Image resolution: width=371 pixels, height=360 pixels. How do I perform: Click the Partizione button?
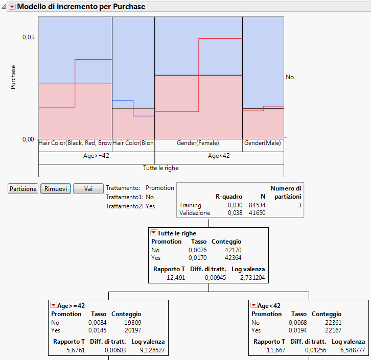tap(23, 189)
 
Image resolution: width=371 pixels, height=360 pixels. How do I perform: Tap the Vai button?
tap(88, 189)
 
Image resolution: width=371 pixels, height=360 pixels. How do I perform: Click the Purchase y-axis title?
tap(13, 77)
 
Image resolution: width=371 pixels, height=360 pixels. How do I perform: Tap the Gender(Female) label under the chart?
tap(198, 143)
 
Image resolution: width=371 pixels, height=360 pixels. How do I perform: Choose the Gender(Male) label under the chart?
tap(262, 143)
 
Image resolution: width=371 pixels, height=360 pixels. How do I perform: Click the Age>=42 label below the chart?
tap(96, 156)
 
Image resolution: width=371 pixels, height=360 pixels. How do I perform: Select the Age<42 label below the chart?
tap(219, 156)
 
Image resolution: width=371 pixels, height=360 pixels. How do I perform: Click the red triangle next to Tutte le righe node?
tap(153, 233)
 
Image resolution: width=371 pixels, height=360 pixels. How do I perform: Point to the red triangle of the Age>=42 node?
tap(53, 306)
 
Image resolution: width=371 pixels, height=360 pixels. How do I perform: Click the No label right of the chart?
tap(290, 77)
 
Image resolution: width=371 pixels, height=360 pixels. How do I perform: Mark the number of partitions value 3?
tap(299, 205)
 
